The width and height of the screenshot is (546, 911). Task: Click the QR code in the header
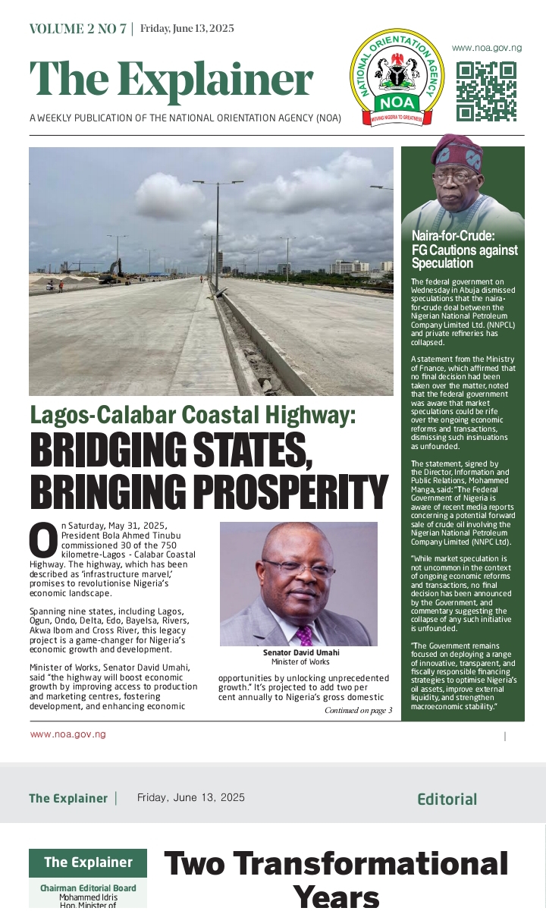pos(486,91)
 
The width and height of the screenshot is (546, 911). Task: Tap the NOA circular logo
pos(397,78)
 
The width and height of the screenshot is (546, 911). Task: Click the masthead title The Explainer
pos(171,79)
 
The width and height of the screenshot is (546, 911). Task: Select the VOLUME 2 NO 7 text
pos(78,29)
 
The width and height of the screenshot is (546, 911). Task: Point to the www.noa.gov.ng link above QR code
pos(487,47)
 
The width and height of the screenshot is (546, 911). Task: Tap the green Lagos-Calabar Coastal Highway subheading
pos(193,416)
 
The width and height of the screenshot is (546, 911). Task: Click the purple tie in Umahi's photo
pos(304,635)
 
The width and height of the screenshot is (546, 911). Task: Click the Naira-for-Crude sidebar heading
pos(464,250)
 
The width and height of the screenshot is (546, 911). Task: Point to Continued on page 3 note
pos(358,711)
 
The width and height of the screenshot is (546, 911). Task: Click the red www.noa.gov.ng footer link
pos(67,734)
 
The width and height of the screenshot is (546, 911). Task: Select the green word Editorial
pos(447,799)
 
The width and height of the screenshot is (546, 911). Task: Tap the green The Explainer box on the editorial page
pos(88,862)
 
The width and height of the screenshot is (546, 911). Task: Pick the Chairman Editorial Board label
pos(88,888)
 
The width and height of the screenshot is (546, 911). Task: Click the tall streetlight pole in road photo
pos(217,235)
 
